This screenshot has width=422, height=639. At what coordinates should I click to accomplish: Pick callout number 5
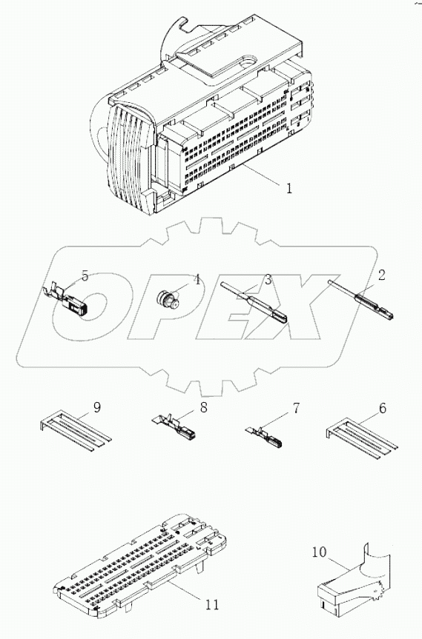85,276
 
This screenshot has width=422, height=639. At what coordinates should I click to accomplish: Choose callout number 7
295,407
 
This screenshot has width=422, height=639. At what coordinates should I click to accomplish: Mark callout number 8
202,407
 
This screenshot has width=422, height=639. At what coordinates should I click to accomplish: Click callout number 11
211,605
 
